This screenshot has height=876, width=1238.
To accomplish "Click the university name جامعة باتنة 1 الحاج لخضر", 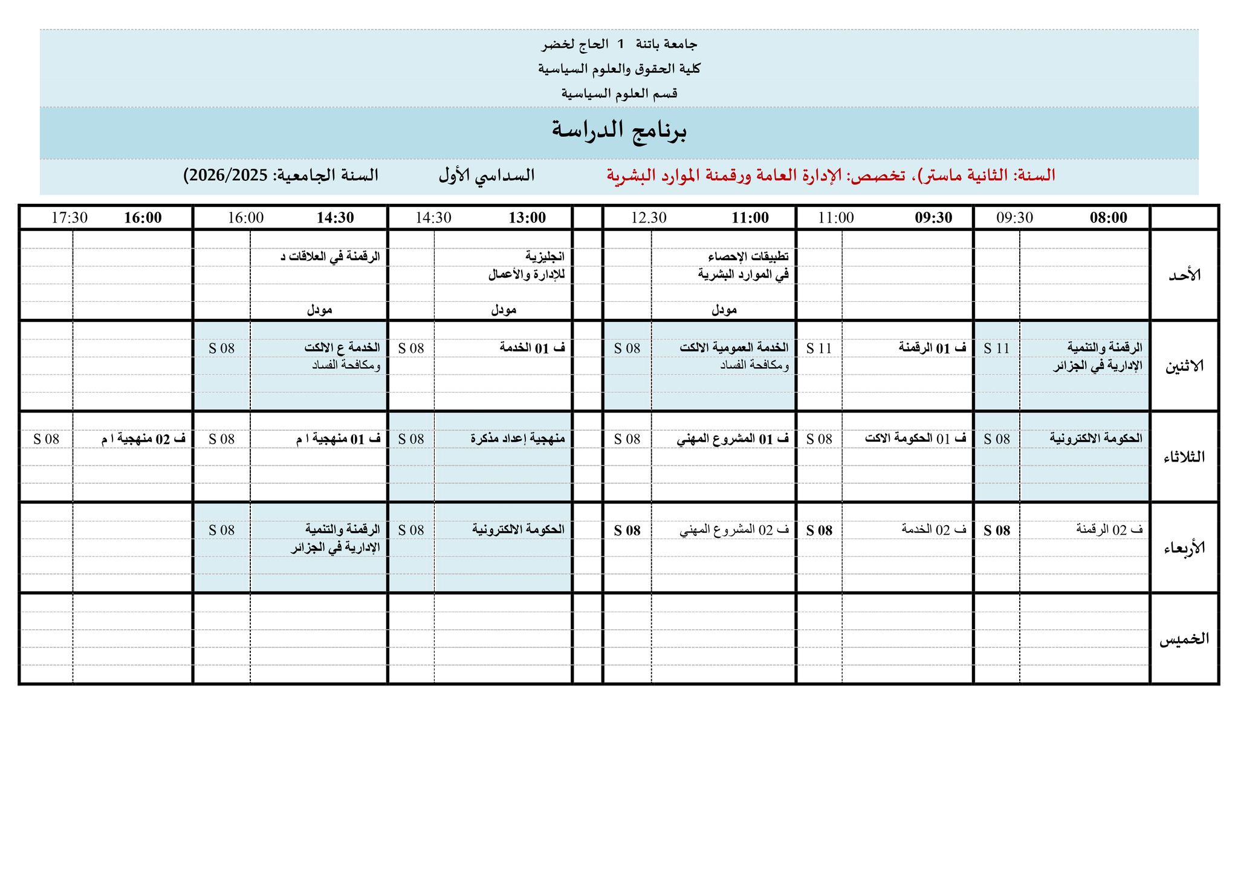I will tap(619, 44).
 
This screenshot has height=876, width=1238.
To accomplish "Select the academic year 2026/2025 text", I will tap(226, 175).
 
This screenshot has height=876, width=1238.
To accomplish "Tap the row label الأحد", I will tap(1184, 275).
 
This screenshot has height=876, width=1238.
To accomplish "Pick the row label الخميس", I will tap(1184, 639).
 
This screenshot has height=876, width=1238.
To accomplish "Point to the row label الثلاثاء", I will tap(1184, 457).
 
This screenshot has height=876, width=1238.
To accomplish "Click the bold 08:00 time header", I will tap(1108, 218).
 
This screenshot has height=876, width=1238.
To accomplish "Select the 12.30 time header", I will tap(649, 218).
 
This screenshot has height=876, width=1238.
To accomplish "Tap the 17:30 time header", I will tap(70, 218).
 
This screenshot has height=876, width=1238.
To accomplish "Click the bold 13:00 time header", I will tap(527, 218).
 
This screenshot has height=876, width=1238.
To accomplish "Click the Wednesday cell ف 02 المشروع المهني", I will tap(734, 530).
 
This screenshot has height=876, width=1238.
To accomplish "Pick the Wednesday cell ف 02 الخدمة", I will tap(934, 529).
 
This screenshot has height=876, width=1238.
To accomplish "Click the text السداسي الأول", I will tap(487, 175).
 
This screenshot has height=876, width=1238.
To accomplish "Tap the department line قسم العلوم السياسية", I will tap(619, 94).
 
